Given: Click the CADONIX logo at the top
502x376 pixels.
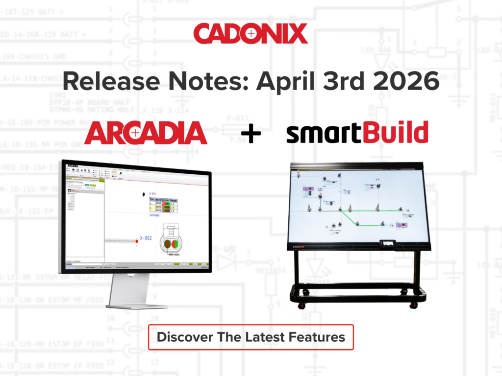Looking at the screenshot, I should coord(251,34).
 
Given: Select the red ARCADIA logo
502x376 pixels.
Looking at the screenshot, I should coord(146,133).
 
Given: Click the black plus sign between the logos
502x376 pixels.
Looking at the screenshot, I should coord(251,134).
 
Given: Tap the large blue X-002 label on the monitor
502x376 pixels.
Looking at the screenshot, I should coord(146,238).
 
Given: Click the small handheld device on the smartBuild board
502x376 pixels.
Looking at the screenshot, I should coord(388,243).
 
